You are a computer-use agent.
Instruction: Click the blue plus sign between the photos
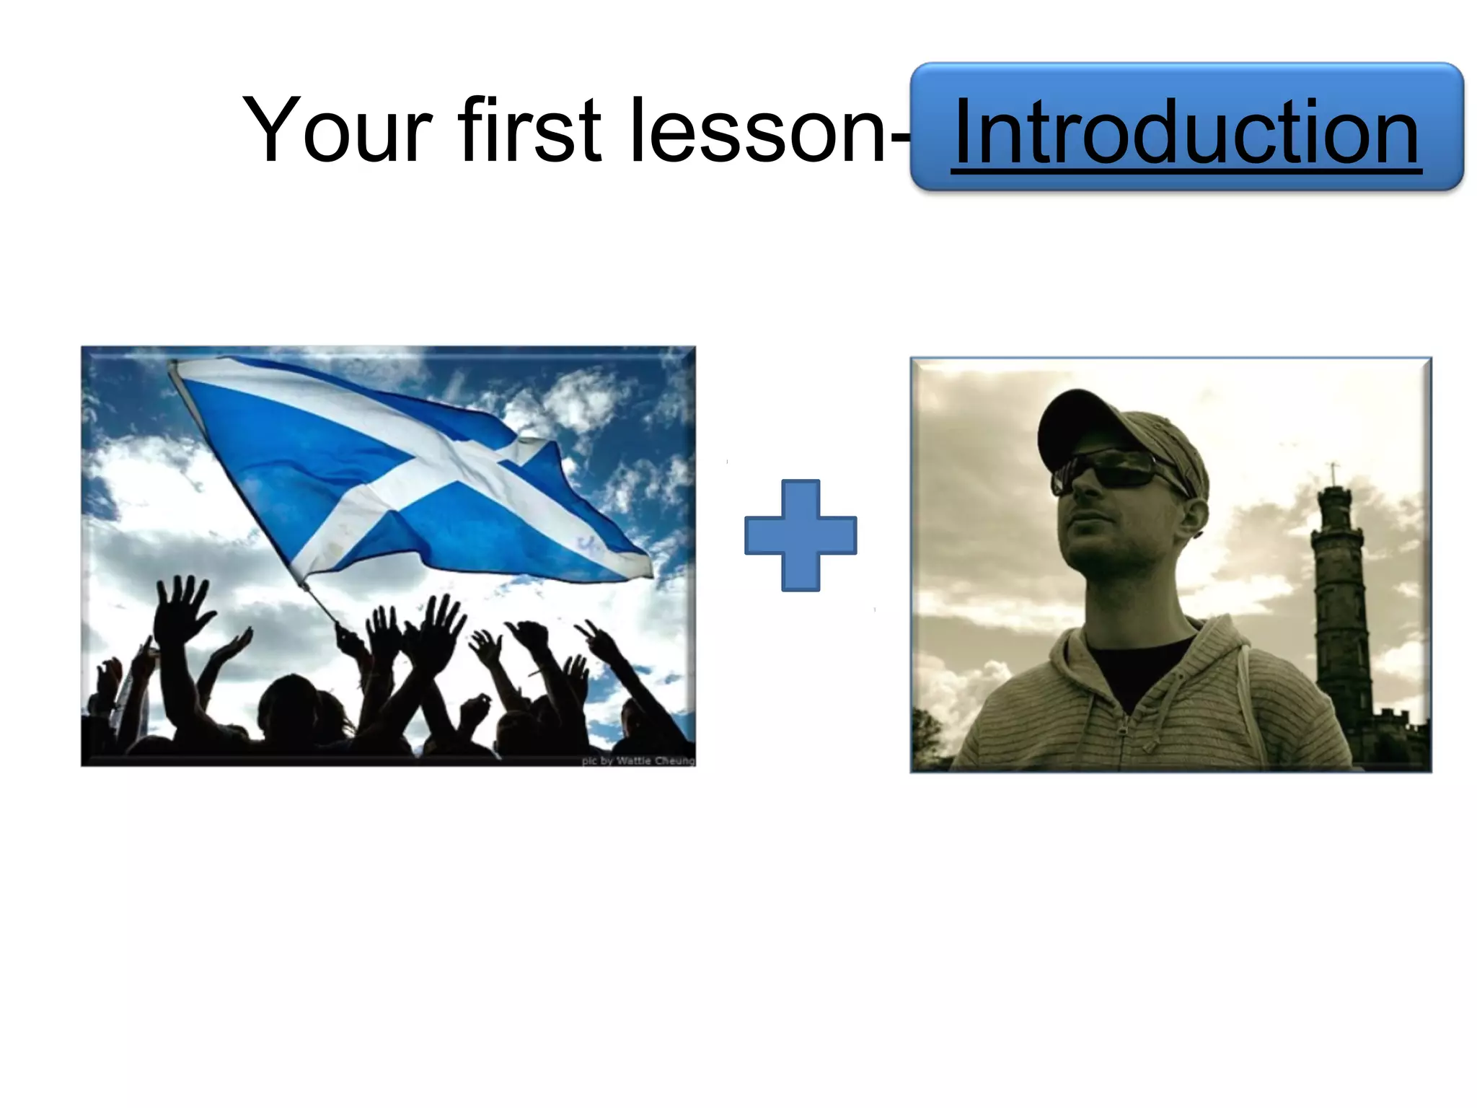(x=801, y=535)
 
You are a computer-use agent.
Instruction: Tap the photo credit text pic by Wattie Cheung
(x=638, y=760)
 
